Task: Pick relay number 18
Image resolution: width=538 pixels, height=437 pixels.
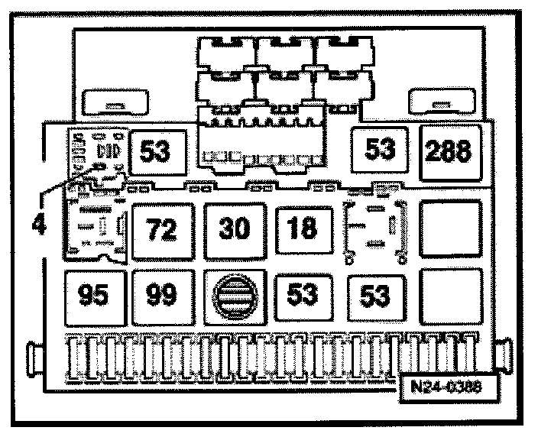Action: [x=303, y=228]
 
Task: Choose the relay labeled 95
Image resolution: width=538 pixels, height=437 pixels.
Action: [x=92, y=295]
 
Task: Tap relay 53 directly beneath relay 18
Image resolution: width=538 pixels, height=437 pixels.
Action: [x=303, y=295]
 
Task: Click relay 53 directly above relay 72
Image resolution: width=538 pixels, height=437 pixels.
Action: [x=155, y=151]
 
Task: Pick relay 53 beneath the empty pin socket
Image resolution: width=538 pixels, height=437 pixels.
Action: [x=374, y=295]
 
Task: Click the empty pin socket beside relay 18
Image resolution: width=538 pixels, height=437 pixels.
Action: [x=374, y=228]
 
